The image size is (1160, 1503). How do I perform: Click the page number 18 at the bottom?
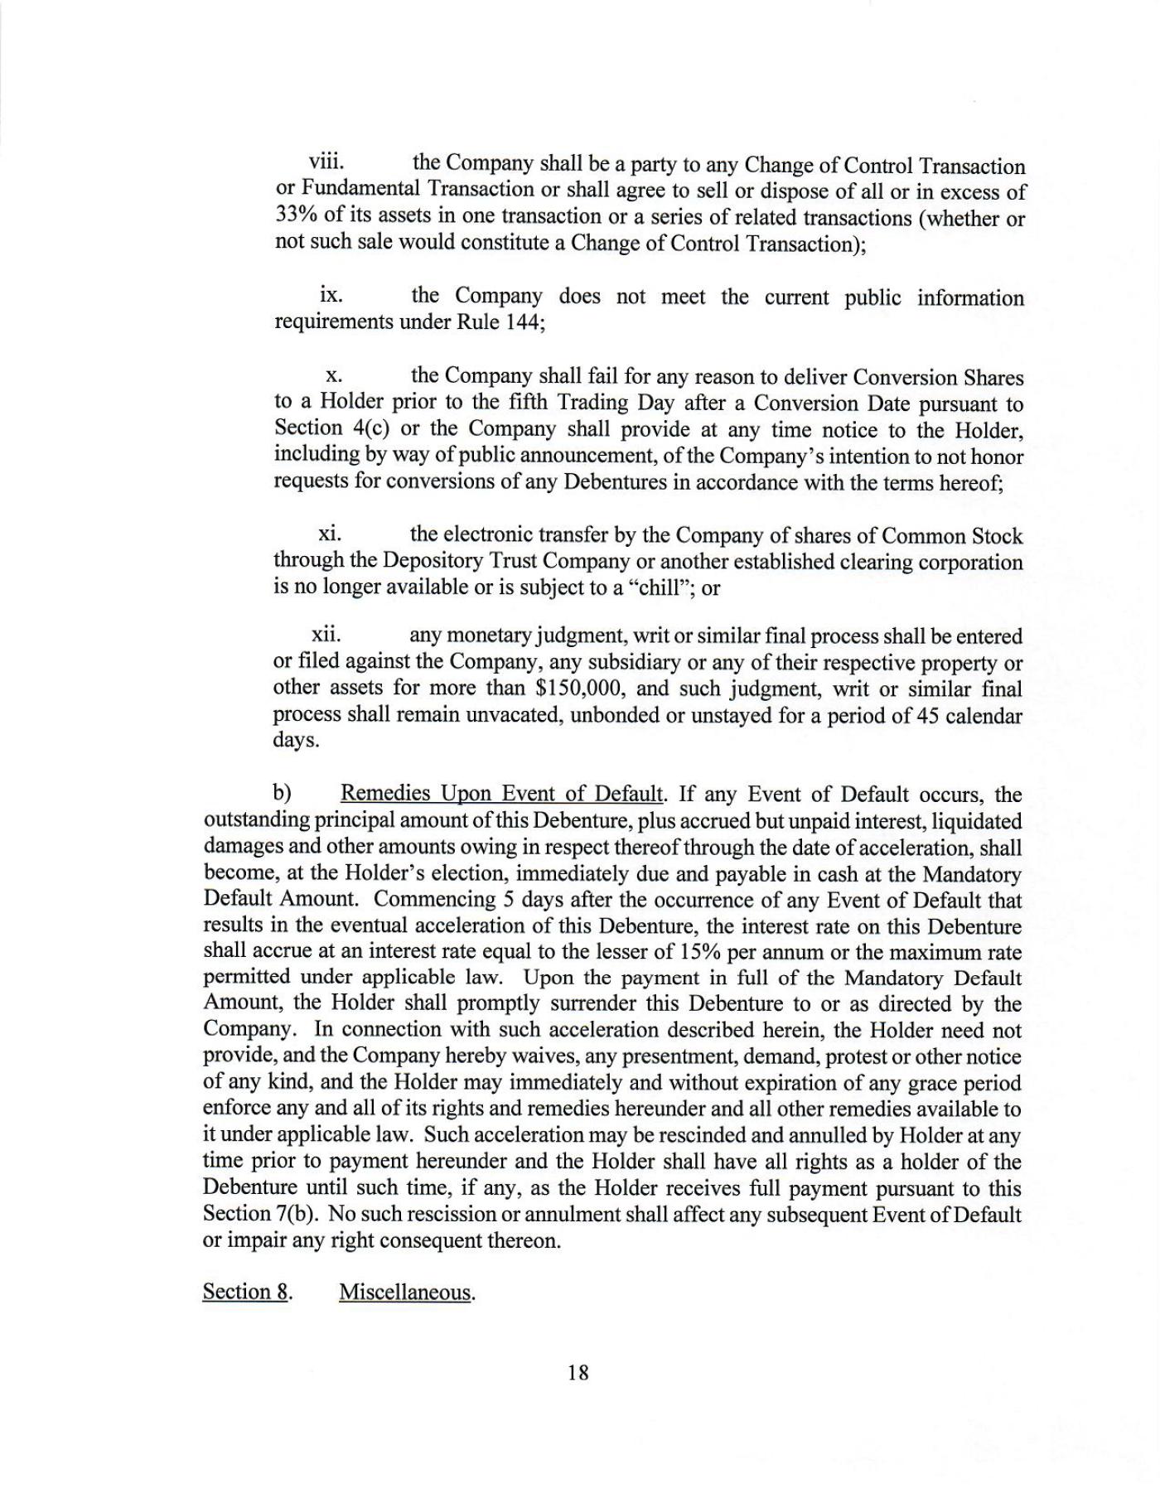[578, 1372]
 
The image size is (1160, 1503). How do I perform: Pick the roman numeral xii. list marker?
[326, 636]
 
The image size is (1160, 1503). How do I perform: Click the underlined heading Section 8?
[245, 1292]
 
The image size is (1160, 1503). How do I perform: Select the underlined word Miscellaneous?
[405, 1292]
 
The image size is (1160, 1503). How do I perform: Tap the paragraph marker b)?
[283, 794]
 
